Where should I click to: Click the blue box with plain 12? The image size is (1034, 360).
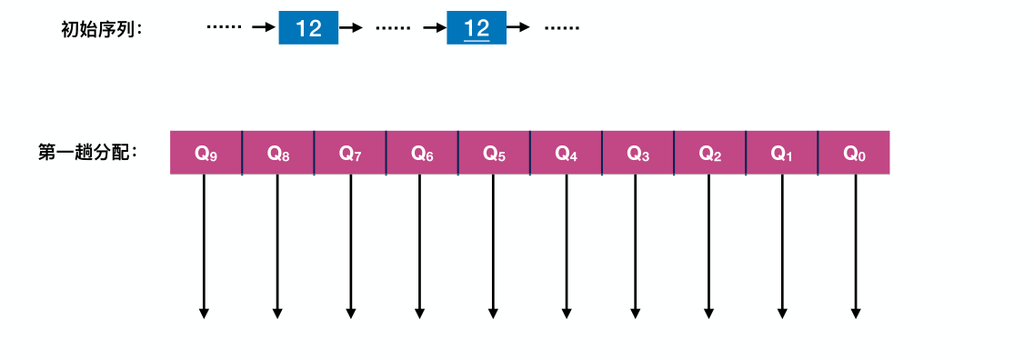click(x=308, y=28)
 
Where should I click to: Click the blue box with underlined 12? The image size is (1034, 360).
click(x=477, y=28)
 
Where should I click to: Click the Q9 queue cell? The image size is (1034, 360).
click(x=206, y=153)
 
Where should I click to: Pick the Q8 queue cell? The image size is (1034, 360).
click(x=278, y=153)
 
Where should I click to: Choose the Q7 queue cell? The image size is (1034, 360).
click(x=350, y=153)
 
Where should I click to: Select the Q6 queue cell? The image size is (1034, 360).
click(x=422, y=153)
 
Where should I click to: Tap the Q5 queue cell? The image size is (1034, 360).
click(x=494, y=153)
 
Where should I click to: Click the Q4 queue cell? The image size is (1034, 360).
click(x=566, y=153)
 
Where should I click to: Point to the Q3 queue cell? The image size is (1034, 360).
click(x=637, y=153)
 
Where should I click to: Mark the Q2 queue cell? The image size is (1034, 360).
click(x=709, y=153)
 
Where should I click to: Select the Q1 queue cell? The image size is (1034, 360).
click(x=781, y=153)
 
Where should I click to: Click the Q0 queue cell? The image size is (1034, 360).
click(x=854, y=153)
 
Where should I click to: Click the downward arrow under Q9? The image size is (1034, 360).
click(x=204, y=245)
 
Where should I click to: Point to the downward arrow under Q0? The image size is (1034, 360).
click(x=855, y=245)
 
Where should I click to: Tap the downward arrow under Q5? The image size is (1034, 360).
click(x=493, y=245)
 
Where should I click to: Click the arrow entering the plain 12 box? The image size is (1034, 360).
click(x=264, y=28)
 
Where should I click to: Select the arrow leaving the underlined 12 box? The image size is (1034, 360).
click(x=518, y=28)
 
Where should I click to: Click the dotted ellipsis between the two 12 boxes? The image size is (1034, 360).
click(x=393, y=28)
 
